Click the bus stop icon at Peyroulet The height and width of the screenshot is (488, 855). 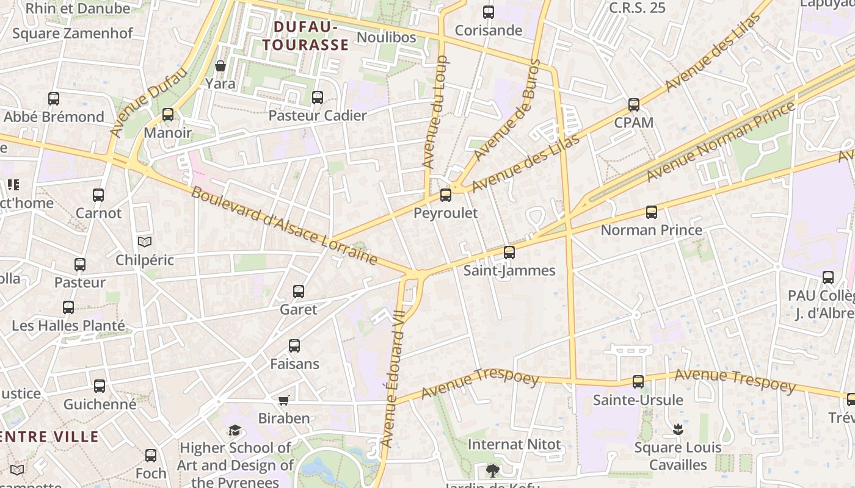446,195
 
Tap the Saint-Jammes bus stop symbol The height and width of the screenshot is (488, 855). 509,253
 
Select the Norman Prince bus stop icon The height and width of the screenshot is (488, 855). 652,212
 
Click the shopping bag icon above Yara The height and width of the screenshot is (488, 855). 220,66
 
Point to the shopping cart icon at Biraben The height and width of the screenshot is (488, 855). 283,401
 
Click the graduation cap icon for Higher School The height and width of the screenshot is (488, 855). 235,431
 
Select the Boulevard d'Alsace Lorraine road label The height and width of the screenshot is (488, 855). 284,226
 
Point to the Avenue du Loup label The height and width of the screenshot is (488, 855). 435,113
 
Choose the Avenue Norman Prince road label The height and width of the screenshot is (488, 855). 721,142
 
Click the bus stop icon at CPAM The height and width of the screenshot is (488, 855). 634,105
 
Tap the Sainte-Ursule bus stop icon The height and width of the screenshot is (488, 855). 638,382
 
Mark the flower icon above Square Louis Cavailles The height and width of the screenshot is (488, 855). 677,429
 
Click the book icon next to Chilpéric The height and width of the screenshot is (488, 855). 144,242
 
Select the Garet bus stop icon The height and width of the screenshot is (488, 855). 299,292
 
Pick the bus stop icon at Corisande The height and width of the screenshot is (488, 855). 489,12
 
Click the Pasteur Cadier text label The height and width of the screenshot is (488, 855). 318,115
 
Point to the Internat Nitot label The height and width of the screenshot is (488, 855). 514,444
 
